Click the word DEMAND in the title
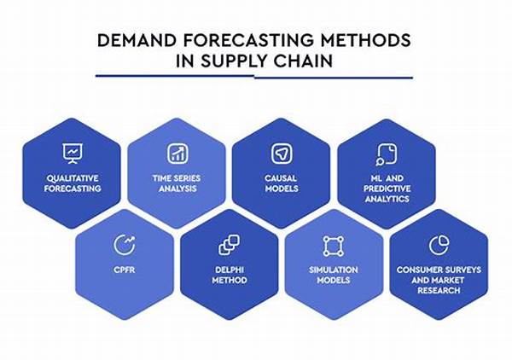(x=137, y=40)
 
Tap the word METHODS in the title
(x=365, y=40)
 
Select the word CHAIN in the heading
(x=303, y=61)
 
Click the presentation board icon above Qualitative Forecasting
(x=73, y=154)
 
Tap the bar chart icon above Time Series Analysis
(x=177, y=154)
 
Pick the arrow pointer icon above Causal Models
(x=282, y=154)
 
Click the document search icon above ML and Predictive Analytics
(x=387, y=154)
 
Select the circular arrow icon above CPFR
(x=125, y=245)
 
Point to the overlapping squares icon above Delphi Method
(x=230, y=245)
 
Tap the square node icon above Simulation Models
(x=334, y=246)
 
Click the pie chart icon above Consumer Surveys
(x=439, y=245)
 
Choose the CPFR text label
(x=125, y=270)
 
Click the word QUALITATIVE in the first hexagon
(x=73, y=178)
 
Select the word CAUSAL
(x=281, y=178)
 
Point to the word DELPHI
(x=230, y=270)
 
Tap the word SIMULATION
(x=334, y=270)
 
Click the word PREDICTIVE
(x=387, y=189)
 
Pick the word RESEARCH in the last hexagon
(x=439, y=290)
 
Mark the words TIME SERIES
(x=177, y=178)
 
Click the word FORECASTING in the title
(x=248, y=40)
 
